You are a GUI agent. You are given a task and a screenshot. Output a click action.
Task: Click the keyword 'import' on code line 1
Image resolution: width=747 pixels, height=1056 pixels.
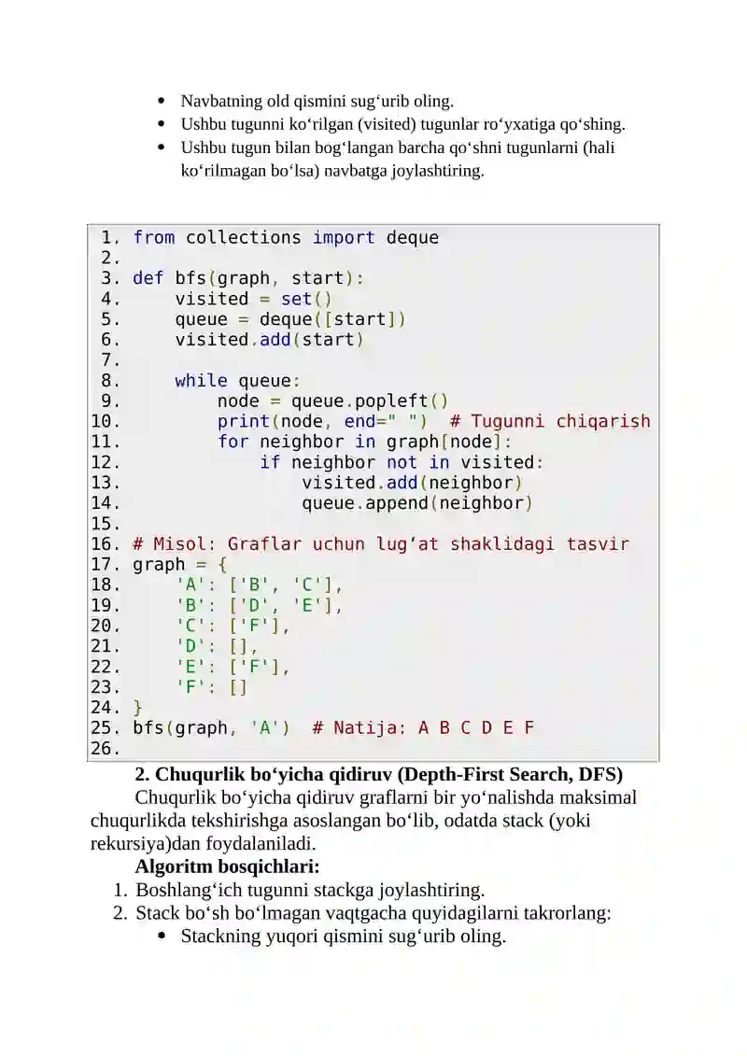(344, 238)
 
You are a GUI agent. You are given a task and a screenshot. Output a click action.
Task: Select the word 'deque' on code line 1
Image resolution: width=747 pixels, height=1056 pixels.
(412, 238)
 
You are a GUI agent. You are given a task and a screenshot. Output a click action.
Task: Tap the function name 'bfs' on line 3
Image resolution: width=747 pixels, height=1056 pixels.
(190, 278)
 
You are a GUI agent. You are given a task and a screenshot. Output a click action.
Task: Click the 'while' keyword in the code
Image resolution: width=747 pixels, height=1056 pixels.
(201, 381)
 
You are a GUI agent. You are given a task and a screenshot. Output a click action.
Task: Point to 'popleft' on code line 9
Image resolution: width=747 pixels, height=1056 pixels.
(391, 401)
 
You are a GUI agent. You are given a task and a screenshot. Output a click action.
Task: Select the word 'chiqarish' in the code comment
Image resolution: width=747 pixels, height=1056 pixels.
(603, 422)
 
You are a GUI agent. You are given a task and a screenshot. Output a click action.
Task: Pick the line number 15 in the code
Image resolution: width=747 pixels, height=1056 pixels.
(105, 524)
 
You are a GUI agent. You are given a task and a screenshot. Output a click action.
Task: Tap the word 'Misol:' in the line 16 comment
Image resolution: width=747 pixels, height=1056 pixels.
(185, 544)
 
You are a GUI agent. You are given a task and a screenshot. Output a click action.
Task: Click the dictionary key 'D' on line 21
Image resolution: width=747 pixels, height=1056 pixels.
(190, 646)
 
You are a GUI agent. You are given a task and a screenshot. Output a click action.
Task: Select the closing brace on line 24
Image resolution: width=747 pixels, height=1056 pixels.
(137, 708)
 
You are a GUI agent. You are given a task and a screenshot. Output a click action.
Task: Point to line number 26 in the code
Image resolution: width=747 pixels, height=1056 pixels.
(105, 749)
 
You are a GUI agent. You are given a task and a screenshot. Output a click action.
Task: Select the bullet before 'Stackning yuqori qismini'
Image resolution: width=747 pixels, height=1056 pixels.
(161, 936)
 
